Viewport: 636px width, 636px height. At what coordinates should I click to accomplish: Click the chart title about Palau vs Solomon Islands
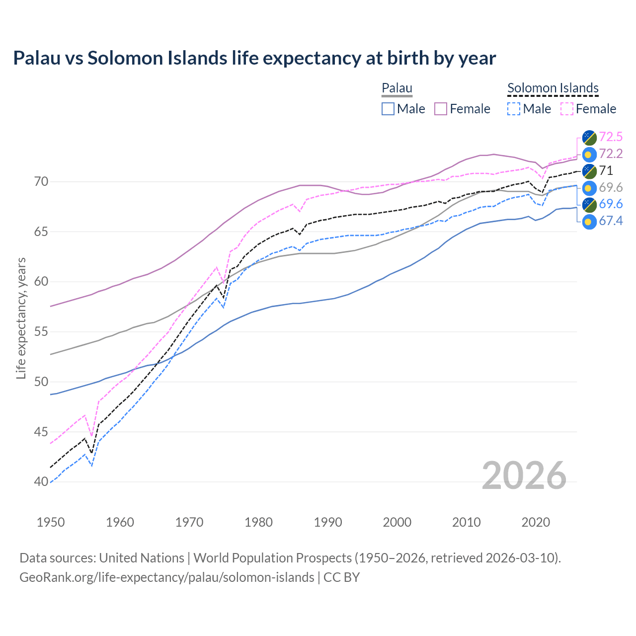(x=254, y=58)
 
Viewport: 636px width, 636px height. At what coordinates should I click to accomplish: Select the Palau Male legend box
(x=388, y=109)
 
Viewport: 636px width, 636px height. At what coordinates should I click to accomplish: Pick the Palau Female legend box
(x=441, y=109)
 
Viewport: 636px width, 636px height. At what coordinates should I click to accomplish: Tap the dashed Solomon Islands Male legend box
(x=514, y=109)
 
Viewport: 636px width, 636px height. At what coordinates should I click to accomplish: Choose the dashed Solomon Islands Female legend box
(x=567, y=109)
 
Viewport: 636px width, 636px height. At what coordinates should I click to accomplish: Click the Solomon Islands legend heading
(x=553, y=88)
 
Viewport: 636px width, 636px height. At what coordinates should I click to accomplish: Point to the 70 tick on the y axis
(x=41, y=182)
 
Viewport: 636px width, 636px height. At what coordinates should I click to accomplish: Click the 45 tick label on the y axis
(x=41, y=432)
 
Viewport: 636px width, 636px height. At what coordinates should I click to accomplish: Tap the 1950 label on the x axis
(x=51, y=522)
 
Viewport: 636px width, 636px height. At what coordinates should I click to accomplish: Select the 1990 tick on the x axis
(x=328, y=522)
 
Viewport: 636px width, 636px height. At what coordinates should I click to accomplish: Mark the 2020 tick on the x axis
(x=536, y=522)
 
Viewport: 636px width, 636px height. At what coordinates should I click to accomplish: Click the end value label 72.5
(x=611, y=137)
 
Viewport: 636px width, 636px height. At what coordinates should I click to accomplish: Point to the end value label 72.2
(x=611, y=154)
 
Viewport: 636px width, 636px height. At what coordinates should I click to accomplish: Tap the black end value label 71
(x=606, y=170)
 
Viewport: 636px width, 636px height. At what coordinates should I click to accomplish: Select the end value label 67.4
(x=611, y=221)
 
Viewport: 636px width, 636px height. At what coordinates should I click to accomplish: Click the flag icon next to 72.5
(x=589, y=137)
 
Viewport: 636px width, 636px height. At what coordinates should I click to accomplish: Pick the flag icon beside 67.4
(x=589, y=222)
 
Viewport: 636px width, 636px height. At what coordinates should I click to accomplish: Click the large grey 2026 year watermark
(x=524, y=476)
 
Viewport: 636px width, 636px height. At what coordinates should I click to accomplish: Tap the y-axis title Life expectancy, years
(x=21, y=318)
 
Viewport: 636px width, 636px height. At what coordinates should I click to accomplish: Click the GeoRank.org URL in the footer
(x=166, y=577)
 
